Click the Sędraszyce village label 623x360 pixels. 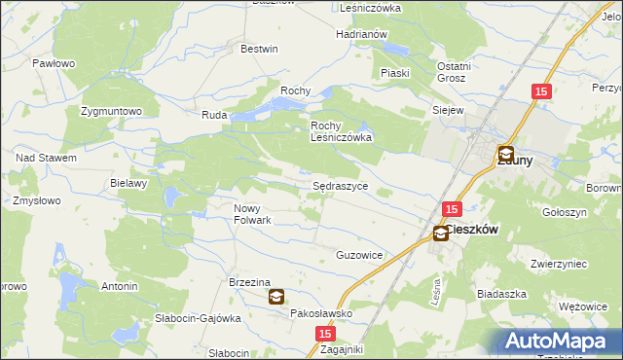coord(340,184)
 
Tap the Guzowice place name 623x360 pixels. coord(359,255)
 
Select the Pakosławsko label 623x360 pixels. coord(321,314)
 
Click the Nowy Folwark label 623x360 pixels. coord(252,214)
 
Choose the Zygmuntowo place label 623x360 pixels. coord(112,111)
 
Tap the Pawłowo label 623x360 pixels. coord(54,63)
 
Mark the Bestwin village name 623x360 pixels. coord(259,49)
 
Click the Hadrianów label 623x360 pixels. coord(362,34)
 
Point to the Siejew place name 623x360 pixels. coord(447,111)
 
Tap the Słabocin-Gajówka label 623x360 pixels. coord(198,318)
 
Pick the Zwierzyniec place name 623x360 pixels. coord(557,264)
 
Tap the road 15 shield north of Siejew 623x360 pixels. coord(542,91)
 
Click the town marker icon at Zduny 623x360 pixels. coord(506,154)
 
